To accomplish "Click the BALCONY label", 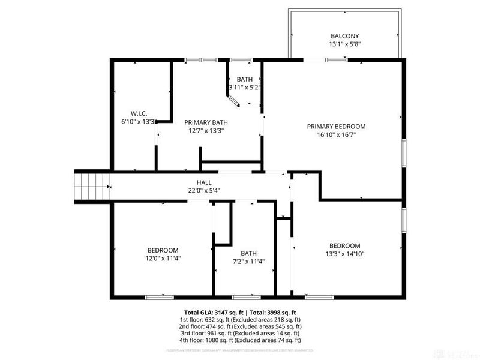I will coord(345,35).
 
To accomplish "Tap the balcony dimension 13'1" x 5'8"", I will coord(345,44).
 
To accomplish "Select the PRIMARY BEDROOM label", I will coord(336,127).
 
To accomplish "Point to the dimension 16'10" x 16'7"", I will coord(336,135).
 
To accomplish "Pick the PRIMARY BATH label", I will coord(206,122).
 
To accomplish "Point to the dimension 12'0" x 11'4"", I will coord(163,259).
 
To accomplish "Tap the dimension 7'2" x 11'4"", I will coord(248,261).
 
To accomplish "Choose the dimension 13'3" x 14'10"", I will coord(344,254).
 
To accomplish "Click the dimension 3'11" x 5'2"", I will coord(244,88).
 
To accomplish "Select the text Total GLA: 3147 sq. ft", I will coord(215,313).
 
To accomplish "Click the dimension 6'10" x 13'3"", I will coord(139,122).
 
